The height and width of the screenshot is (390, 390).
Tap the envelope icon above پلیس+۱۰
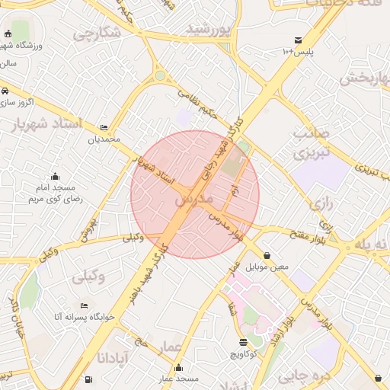[298, 40]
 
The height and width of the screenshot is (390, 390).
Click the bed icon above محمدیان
[104, 127]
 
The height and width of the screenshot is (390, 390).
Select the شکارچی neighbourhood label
[96, 34]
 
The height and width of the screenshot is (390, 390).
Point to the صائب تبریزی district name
[313, 143]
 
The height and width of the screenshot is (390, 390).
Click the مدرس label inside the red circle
[192, 200]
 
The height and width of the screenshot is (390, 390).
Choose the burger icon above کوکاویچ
[243, 342]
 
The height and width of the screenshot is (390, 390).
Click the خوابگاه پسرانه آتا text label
[84, 315]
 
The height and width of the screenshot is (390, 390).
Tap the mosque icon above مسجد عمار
[179, 367]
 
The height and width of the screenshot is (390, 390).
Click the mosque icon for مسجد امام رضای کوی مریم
[53, 177]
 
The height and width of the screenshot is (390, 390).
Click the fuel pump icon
[90, 379]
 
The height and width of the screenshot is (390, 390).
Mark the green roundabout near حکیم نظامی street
[160, 75]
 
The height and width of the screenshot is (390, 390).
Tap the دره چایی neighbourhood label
[299, 375]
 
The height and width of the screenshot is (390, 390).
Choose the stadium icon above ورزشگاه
[8, 34]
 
